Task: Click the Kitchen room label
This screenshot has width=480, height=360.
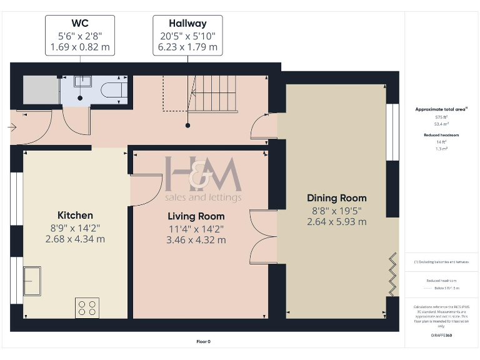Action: tap(75, 215)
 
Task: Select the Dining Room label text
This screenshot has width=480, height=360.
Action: tap(336, 198)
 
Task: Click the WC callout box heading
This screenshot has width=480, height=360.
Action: tap(80, 24)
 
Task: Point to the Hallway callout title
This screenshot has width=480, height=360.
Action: tap(187, 24)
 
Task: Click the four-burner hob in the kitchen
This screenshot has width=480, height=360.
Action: tap(87, 307)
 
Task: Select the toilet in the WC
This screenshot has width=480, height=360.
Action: tap(114, 90)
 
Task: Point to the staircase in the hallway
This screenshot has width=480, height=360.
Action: tap(212, 93)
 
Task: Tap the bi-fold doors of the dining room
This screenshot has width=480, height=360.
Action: tap(393, 274)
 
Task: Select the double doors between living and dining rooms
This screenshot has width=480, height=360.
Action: tap(262, 237)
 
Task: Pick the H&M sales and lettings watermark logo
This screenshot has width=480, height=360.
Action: tap(202, 178)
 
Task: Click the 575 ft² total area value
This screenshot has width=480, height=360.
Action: tap(442, 117)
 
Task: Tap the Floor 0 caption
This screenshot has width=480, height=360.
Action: tap(203, 341)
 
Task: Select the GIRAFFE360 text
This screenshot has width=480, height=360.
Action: tap(441, 336)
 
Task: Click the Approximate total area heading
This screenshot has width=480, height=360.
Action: tap(441, 109)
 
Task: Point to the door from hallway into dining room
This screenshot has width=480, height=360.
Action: tap(263, 126)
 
